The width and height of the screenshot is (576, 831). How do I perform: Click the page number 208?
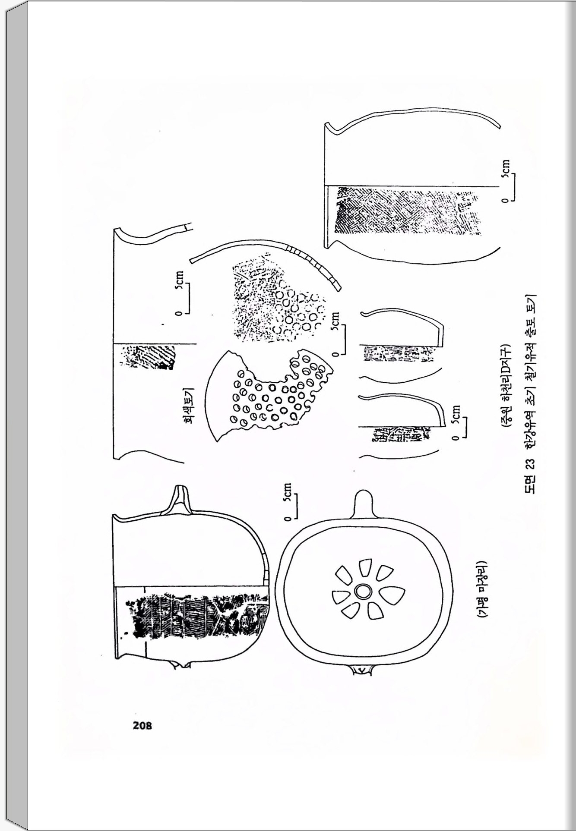point(142,725)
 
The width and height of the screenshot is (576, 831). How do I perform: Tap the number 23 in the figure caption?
point(530,464)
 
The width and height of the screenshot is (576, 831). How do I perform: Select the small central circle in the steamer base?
point(361,592)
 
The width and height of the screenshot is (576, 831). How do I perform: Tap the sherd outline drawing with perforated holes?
point(268,397)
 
